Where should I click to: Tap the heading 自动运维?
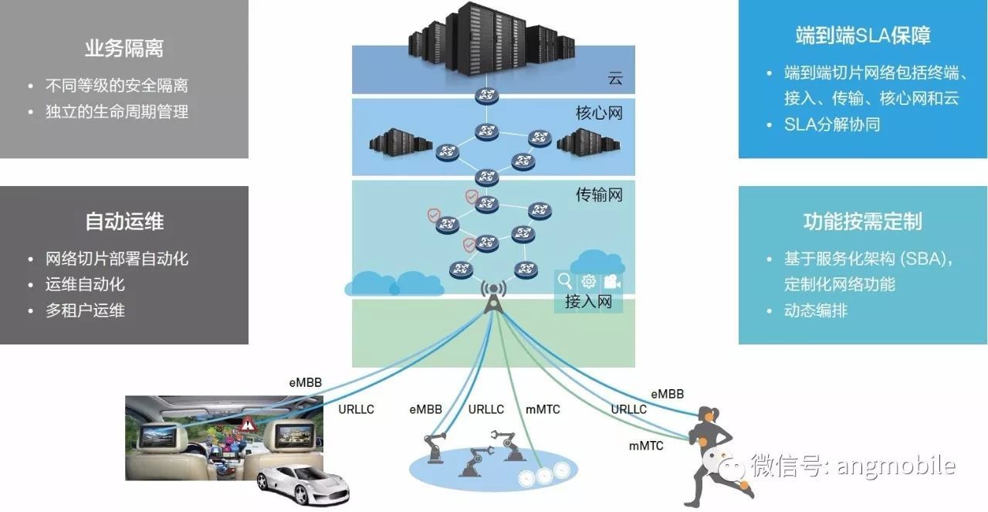[x=124, y=222]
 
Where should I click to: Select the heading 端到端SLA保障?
[x=863, y=36]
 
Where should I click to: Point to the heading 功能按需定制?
[x=863, y=222]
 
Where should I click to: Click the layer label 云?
[x=614, y=79]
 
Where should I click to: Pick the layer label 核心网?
[x=599, y=114]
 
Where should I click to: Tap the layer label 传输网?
[x=599, y=195]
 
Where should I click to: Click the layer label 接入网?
[x=588, y=302]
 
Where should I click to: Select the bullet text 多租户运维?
[x=85, y=310]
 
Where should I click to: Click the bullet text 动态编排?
[x=816, y=311]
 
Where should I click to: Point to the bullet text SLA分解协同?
[x=832, y=124]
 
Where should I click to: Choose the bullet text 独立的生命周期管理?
[x=117, y=112]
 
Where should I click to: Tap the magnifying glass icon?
[x=566, y=282]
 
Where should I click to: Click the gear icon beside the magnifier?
[x=588, y=282]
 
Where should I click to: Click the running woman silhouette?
[x=718, y=456]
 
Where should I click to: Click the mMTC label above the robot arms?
[x=542, y=409]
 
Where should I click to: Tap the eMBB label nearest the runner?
[x=667, y=394]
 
